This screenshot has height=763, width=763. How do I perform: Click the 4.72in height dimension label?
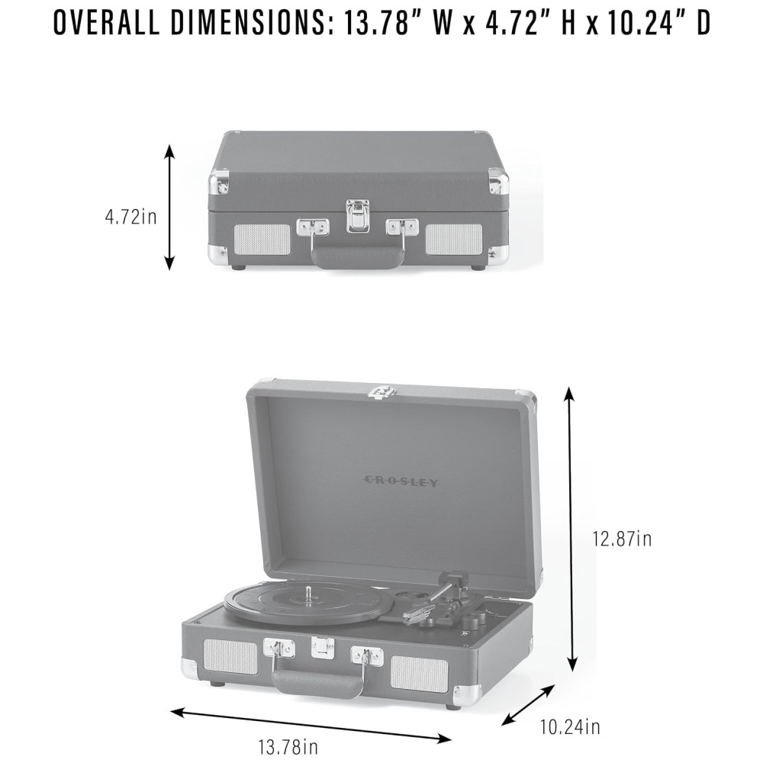[131, 217]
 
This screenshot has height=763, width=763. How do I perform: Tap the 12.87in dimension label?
[621, 539]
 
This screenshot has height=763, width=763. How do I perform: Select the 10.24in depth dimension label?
[570, 727]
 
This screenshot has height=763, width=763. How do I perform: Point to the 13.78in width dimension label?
[288, 746]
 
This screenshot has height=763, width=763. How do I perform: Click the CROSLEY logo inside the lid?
[401, 481]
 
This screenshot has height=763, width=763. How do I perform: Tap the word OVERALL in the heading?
[107, 23]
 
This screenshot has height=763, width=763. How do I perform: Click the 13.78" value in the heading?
[378, 23]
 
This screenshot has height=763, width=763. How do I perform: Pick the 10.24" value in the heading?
[642, 23]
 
